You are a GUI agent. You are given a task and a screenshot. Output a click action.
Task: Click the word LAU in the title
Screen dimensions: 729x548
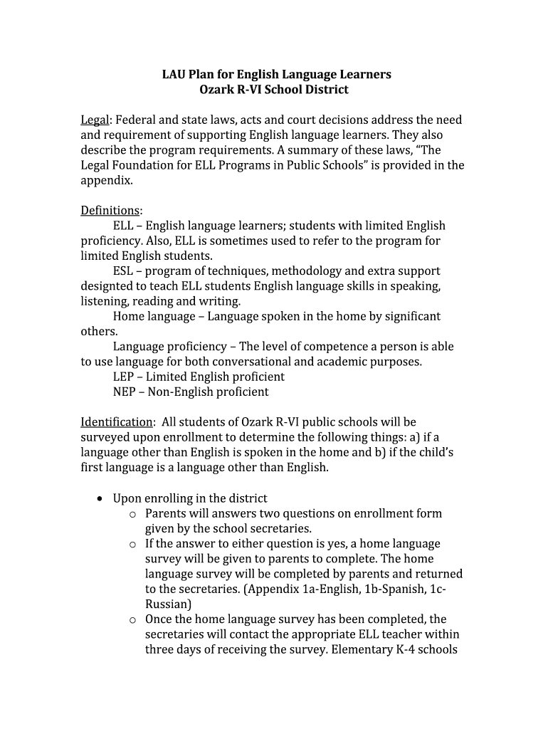174,74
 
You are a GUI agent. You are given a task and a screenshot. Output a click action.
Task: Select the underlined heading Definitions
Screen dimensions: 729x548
110,210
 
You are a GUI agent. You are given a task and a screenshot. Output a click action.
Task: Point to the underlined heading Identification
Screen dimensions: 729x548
116,422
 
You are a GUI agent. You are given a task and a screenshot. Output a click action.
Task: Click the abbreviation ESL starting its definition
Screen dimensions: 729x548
123,271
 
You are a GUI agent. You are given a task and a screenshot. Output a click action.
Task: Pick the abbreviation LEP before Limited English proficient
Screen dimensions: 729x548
124,377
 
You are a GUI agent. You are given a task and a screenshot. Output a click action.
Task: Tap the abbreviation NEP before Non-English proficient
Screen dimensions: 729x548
125,392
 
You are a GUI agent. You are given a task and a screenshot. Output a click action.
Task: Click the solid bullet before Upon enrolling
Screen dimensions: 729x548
100,498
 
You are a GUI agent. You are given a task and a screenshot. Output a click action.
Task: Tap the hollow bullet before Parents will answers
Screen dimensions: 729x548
132,514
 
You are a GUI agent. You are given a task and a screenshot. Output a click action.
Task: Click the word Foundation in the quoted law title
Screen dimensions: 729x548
145,165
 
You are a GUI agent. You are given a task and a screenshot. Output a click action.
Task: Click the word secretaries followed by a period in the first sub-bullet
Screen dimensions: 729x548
282,528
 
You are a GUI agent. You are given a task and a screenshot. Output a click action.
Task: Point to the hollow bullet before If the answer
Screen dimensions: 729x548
132,544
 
